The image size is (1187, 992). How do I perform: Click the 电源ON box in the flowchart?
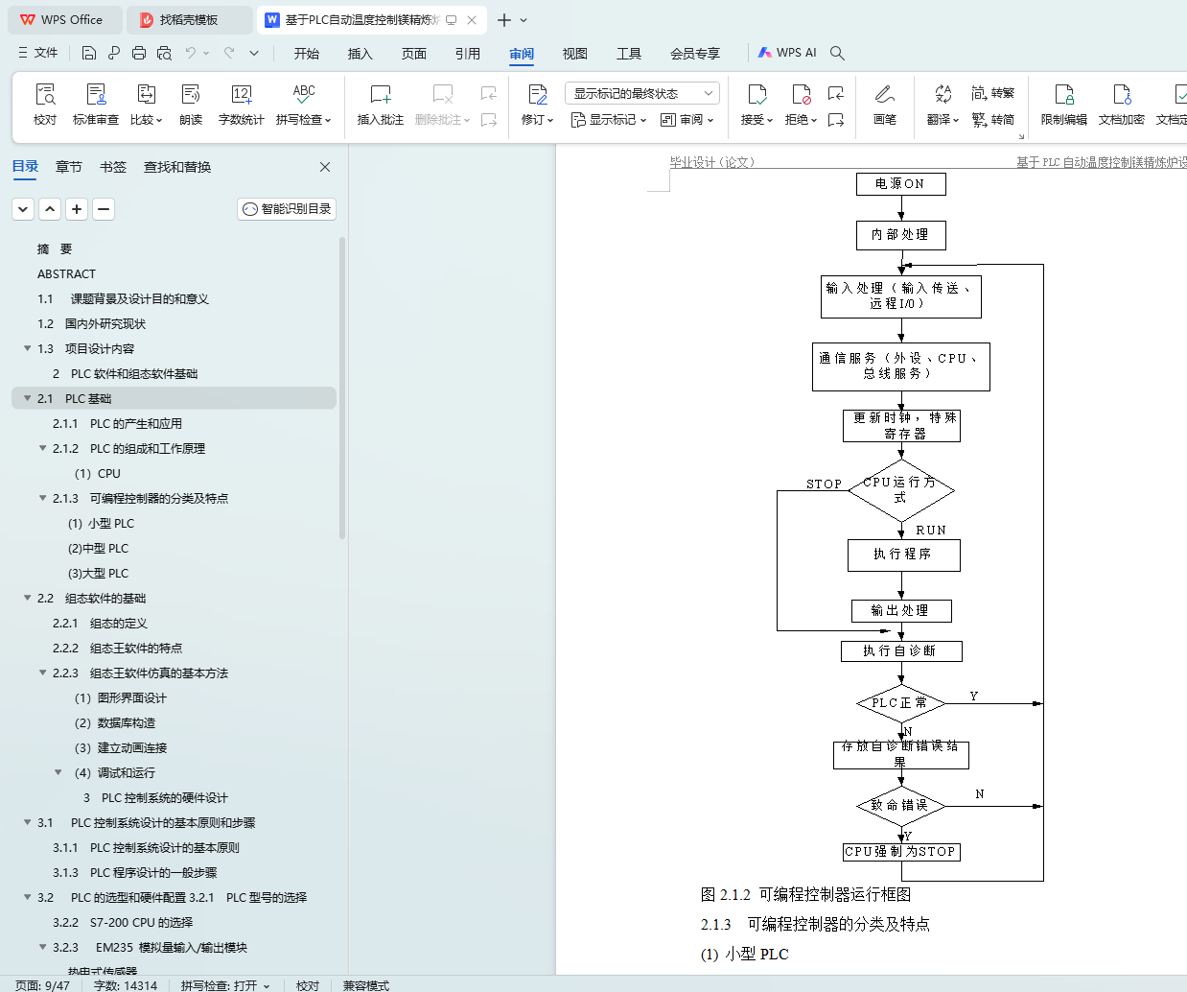pyautogui.click(x=900, y=183)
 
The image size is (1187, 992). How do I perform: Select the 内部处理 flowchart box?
pyautogui.click(x=900, y=234)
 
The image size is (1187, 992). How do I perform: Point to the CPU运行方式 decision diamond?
pyautogui.click(x=900, y=490)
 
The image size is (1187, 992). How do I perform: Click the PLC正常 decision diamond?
pyautogui.click(x=900, y=703)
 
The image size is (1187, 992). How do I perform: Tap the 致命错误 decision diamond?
pyautogui.click(x=900, y=806)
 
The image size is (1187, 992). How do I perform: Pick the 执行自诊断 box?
pyautogui.click(x=900, y=651)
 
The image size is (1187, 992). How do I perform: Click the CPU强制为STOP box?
pyautogui.click(x=900, y=852)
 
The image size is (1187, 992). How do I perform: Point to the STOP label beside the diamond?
pyautogui.click(x=824, y=484)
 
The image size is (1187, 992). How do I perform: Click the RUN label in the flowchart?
pyautogui.click(x=930, y=531)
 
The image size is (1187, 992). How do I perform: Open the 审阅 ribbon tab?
pyautogui.click(x=522, y=54)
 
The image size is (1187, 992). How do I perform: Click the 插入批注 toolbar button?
pyautogui.click(x=381, y=105)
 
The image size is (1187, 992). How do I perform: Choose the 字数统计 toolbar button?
pyautogui.click(x=241, y=105)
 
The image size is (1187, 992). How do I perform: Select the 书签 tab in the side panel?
pyautogui.click(x=113, y=167)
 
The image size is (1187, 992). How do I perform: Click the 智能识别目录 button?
pyautogui.click(x=287, y=209)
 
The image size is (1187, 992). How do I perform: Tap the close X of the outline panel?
pyautogui.click(x=325, y=167)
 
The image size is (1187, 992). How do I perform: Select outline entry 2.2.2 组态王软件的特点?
pyautogui.click(x=135, y=649)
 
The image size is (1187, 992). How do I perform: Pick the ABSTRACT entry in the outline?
pyautogui.click(x=66, y=274)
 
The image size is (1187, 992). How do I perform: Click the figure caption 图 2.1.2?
pyautogui.click(x=805, y=895)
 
